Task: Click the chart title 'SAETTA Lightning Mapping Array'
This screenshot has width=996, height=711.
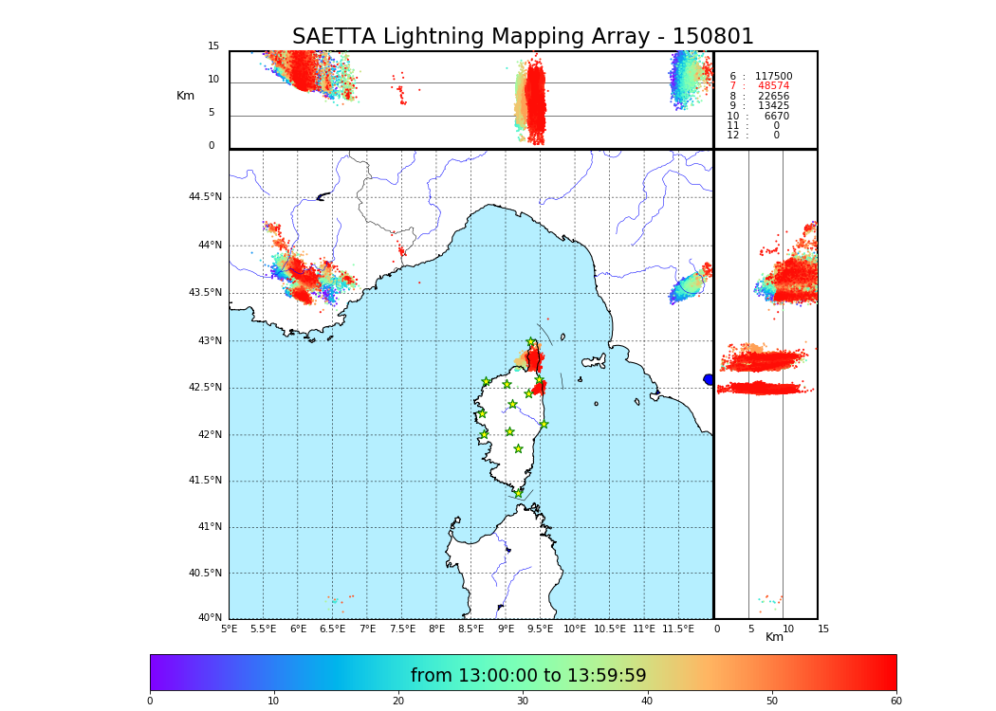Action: [523, 37]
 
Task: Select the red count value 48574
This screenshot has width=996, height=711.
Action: [773, 86]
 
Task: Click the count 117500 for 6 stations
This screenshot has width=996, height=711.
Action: [773, 77]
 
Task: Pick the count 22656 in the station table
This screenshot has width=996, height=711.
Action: [773, 97]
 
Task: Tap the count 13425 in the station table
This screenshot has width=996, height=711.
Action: [773, 106]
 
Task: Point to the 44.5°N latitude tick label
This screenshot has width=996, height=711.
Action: [205, 197]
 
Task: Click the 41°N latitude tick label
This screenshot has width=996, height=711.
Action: [207, 527]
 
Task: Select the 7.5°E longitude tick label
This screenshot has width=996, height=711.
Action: [402, 629]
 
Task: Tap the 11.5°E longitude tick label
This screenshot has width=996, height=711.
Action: [678, 629]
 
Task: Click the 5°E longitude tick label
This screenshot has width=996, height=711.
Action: [230, 629]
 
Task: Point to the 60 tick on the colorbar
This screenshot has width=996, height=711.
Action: [895, 702]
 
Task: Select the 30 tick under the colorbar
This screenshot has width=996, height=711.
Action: [523, 702]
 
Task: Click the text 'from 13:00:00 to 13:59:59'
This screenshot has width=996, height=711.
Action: [528, 676]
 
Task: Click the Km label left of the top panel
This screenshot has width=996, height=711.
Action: [186, 96]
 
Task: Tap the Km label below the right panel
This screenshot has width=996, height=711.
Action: [775, 637]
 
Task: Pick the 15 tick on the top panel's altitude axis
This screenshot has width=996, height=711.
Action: [213, 46]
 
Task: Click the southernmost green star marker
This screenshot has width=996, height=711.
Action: [518, 493]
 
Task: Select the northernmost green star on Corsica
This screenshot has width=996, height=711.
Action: [531, 342]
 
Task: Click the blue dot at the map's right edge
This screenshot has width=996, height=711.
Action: [709, 379]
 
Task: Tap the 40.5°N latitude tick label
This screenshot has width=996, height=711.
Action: [205, 574]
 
